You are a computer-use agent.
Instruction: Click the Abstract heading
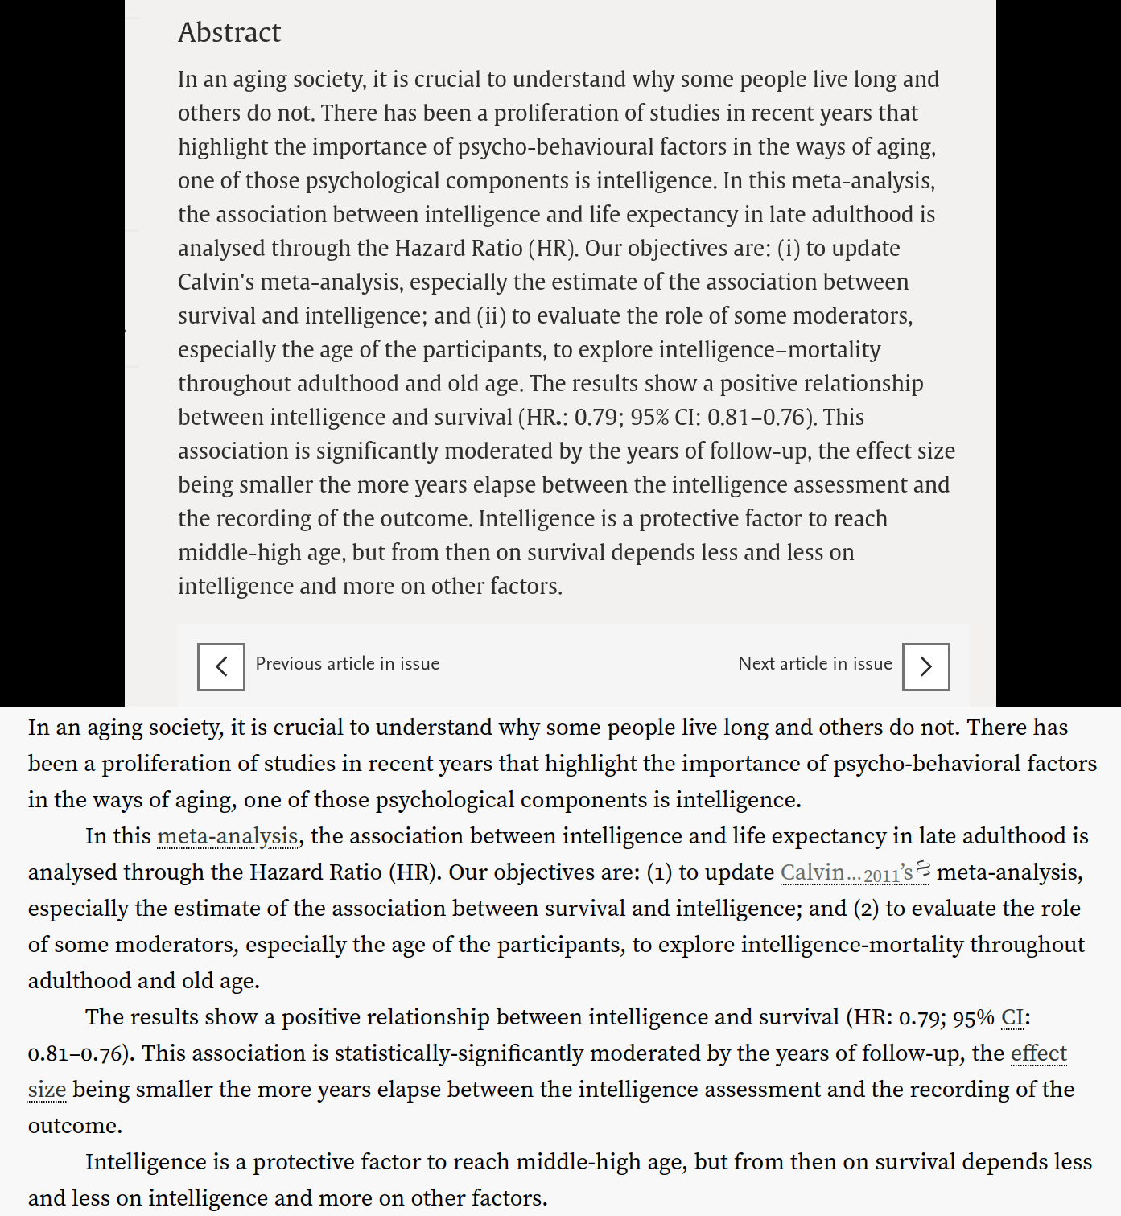pyautogui.click(x=229, y=32)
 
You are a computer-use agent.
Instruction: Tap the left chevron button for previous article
pyautogui.click(x=221, y=667)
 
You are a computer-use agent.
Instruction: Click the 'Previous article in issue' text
pyautogui.click(x=347, y=664)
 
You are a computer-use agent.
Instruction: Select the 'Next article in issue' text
pyautogui.click(x=814, y=664)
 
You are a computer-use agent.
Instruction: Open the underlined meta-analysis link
pyautogui.click(x=228, y=836)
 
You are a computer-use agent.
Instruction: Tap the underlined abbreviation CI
pyautogui.click(x=1012, y=1017)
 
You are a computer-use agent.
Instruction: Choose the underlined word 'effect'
pyautogui.click(x=1038, y=1053)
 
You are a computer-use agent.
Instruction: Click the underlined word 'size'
pyautogui.click(x=47, y=1090)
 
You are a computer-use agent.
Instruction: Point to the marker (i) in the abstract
pyautogui.click(x=788, y=249)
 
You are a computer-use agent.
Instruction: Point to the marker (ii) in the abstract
pyautogui.click(x=491, y=316)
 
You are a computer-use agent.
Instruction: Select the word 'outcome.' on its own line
pyautogui.click(x=75, y=1126)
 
